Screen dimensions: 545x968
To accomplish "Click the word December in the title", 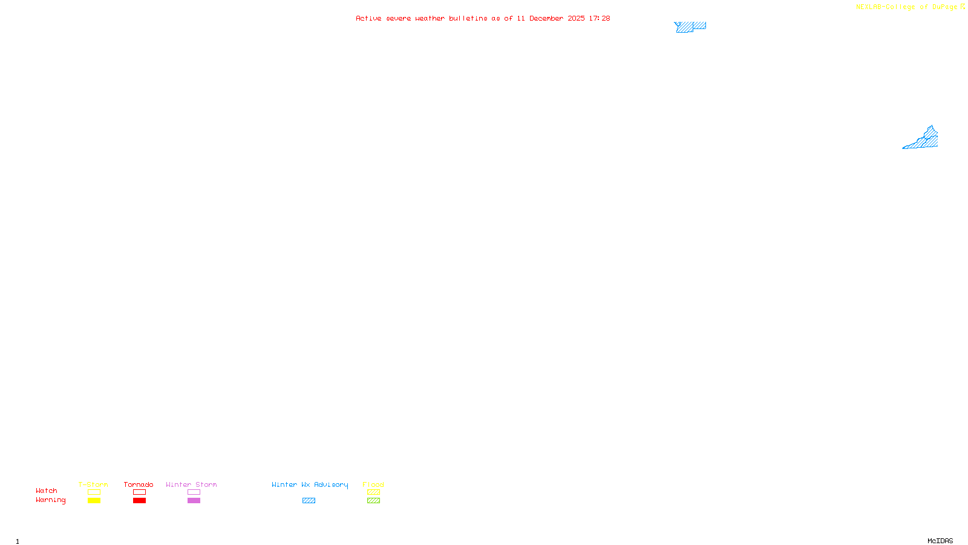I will pyautogui.click(x=546, y=18).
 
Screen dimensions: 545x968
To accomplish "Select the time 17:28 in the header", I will pyautogui.click(x=599, y=18).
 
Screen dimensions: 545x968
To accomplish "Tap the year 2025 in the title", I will pyautogui.click(x=576, y=18).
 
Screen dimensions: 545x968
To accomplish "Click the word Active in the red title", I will pyautogui.click(x=368, y=18).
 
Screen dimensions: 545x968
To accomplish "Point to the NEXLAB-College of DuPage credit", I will pyautogui.click(x=906, y=7).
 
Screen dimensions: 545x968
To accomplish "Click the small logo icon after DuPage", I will pyautogui.click(x=963, y=7).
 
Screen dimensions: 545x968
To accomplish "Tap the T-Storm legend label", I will pyautogui.click(x=93, y=484).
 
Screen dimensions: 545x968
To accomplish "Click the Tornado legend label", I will pyautogui.click(x=139, y=484).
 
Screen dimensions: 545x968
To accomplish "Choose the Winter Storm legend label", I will pyautogui.click(x=191, y=484).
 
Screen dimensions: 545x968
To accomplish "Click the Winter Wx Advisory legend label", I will pyautogui.click(x=310, y=484).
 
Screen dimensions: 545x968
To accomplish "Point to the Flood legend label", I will pyautogui.click(x=373, y=484).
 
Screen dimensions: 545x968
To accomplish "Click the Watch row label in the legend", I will pyautogui.click(x=47, y=490).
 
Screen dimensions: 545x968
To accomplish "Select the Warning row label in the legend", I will pyautogui.click(x=51, y=500).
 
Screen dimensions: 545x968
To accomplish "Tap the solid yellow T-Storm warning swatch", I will pyautogui.click(x=94, y=501).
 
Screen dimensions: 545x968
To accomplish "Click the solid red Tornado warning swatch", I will pyautogui.click(x=139, y=501).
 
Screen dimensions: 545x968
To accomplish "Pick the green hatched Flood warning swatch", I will pyautogui.click(x=373, y=501).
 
